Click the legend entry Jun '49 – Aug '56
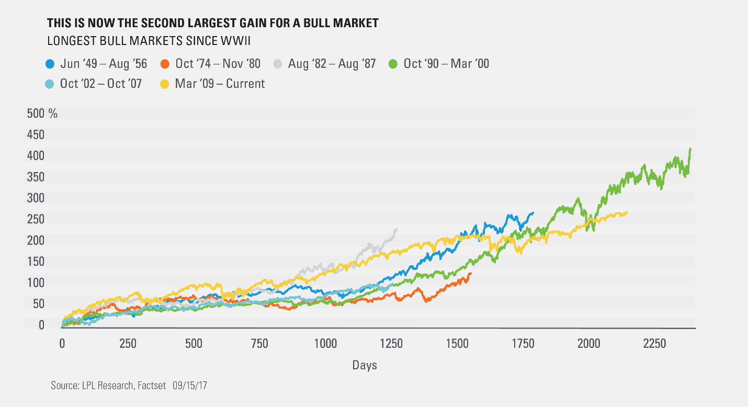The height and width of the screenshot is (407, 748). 96,64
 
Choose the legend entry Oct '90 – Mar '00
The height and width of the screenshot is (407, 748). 446,64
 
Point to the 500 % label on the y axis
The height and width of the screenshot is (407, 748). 42,114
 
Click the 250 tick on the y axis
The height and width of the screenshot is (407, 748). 36,220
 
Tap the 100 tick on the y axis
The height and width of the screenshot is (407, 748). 36,283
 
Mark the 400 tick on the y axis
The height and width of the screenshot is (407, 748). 36,156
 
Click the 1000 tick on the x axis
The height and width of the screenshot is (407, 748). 325,343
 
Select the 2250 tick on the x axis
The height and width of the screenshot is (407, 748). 654,343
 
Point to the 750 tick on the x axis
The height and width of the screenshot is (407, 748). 259,343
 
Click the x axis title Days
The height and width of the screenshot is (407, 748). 364,365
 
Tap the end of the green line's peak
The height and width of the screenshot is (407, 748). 690,149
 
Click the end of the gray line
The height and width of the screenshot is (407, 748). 396,228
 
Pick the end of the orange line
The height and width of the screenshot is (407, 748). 471,273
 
